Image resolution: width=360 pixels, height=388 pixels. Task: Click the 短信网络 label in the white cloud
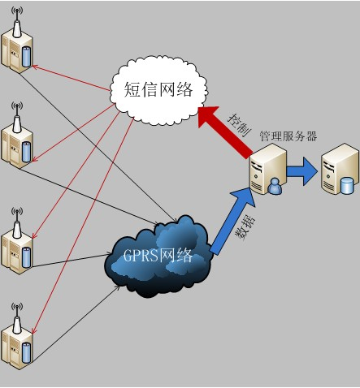(x=158, y=89)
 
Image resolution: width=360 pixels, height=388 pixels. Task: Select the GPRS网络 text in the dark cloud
(x=158, y=255)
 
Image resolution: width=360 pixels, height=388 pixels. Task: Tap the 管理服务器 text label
(x=288, y=136)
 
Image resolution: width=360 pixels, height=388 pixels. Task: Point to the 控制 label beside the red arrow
(x=239, y=125)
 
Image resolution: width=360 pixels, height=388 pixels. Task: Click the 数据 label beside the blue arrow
(x=245, y=226)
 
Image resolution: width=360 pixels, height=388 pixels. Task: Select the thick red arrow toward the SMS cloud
(x=225, y=131)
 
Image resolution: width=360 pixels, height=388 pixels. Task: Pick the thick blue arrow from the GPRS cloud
(x=233, y=222)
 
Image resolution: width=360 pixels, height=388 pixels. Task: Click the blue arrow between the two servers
(x=301, y=171)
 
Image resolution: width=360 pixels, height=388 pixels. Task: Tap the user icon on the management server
(x=275, y=186)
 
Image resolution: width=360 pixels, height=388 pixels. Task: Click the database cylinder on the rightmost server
(x=347, y=186)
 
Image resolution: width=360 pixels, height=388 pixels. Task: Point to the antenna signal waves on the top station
(x=17, y=11)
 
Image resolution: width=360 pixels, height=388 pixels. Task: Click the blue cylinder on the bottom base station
(x=26, y=352)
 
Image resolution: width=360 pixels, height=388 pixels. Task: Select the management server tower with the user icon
(x=267, y=169)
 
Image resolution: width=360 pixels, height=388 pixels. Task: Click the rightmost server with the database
(x=340, y=169)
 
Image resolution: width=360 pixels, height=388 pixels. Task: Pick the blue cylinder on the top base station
(x=26, y=57)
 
